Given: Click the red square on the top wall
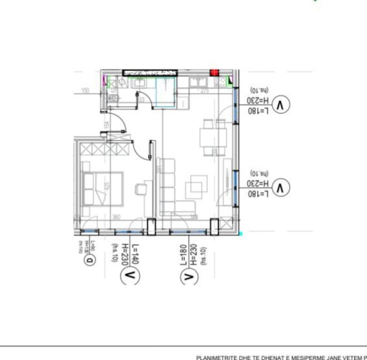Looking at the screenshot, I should click(215, 73).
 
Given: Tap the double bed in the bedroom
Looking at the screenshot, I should click(103, 188).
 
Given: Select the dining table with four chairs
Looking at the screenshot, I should click(213, 137).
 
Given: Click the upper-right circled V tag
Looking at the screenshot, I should click(281, 105).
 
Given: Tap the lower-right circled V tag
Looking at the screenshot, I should click(281, 188).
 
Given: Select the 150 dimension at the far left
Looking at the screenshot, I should click(85, 91).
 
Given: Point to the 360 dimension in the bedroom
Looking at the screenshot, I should click(116, 217).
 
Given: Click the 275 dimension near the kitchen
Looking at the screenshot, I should click(204, 91).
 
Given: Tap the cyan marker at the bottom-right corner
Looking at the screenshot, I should click(241, 232).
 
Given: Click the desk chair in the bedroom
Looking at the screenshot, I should click(140, 189).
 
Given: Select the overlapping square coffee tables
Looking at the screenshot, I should click(197, 186).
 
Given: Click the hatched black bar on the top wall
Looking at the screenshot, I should click(150, 73).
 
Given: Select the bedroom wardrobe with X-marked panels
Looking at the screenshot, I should click(105, 150).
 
